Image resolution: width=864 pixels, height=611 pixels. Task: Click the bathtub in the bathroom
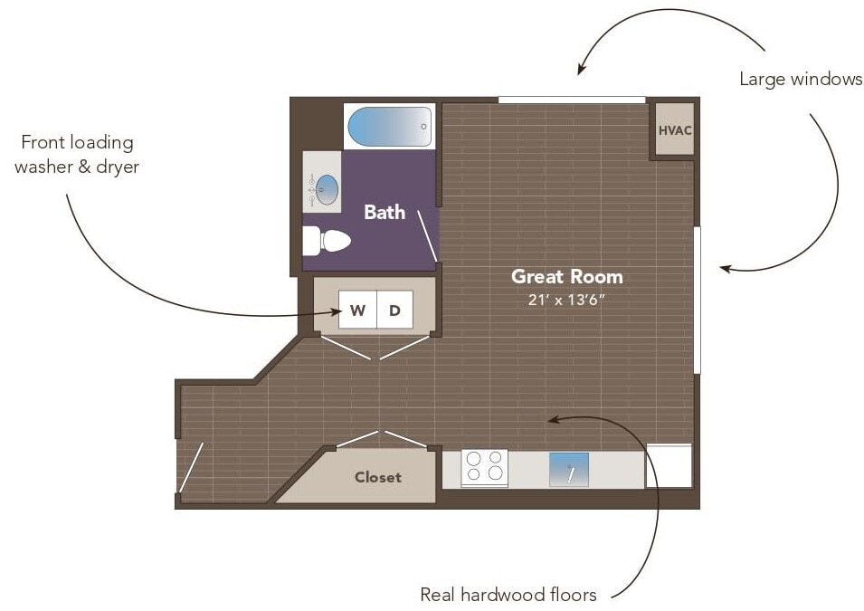pyautogui.click(x=390, y=127)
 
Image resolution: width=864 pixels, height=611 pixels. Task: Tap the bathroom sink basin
pyautogui.click(x=328, y=190)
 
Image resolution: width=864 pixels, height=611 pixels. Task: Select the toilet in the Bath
pyautogui.click(x=327, y=242)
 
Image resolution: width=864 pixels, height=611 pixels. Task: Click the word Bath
pyautogui.click(x=385, y=213)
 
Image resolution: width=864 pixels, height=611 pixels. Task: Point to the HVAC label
pyautogui.click(x=675, y=130)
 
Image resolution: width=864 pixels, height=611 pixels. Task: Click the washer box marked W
pyautogui.click(x=357, y=310)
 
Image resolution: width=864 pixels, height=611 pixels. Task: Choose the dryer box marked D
pyautogui.click(x=394, y=310)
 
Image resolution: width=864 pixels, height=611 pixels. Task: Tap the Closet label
pyautogui.click(x=378, y=477)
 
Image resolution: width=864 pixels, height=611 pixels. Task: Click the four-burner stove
pyautogui.click(x=484, y=468)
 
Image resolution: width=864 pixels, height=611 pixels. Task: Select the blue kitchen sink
pyautogui.click(x=569, y=470)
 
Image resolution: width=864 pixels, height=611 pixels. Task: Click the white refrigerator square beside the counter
pyautogui.click(x=669, y=466)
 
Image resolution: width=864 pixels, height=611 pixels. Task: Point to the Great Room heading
pyautogui.click(x=567, y=276)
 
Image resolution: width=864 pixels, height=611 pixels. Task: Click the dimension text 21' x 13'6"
pyautogui.click(x=566, y=300)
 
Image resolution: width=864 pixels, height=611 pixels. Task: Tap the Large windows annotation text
pyautogui.click(x=801, y=79)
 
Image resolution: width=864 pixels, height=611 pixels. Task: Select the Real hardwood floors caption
pyautogui.click(x=508, y=595)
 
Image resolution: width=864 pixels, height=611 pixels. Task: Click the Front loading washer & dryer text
pyautogui.click(x=77, y=155)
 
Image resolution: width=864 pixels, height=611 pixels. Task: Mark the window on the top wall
pyautogui.click(x=572, y=100)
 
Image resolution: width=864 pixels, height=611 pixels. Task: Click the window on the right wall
pyautogui.click(x=697, y=300)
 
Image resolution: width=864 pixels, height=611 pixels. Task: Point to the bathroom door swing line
pyautogui.click(x=427, y=236)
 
